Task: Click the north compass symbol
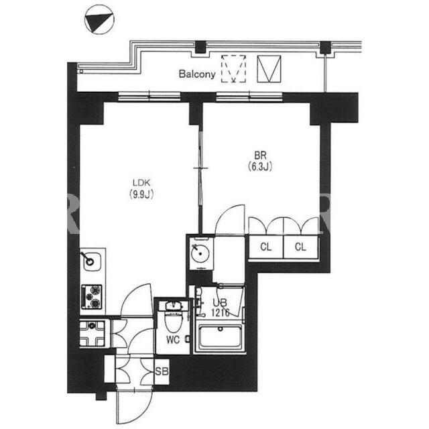[99, 19]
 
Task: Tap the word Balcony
[197, 74]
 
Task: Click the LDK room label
[141, 182]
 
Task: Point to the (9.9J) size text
[141, 194]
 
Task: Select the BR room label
[260, 156]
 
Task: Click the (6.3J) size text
[260, 166]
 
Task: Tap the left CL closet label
[266, 247]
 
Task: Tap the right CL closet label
[300, 247]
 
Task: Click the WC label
[173, 340]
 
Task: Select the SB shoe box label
[162, 371]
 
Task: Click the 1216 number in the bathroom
[220, 312]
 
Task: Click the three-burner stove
[92, 297]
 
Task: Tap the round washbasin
[200, 254]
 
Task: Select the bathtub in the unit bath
[220, 336]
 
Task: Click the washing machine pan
[93, 333]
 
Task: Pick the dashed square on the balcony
[233, 68]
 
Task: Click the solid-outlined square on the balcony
[269, 68]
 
